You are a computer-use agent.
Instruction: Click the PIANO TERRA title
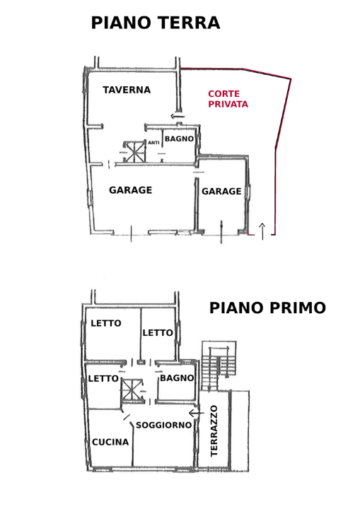pos(155,23)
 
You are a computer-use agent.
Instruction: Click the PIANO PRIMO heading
pos(267,308)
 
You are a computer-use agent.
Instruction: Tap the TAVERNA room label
pos(127,90)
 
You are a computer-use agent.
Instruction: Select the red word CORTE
pos(223,94)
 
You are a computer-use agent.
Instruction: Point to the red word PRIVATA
pos(228,104)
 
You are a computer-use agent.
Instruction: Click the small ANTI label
pos(153,143)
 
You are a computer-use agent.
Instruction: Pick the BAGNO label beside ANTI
pos(179,139)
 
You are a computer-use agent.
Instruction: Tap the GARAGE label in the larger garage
pos(130,190)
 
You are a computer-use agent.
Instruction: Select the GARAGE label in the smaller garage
pos(221,192)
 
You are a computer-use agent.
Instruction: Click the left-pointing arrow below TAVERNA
pos(178,116)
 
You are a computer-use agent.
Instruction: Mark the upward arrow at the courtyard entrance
pos(262,230)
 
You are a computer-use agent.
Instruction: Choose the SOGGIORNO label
pos(163,425)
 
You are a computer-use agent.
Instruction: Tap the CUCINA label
pos(110,442)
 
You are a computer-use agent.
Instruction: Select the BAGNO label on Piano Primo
pos(177,378)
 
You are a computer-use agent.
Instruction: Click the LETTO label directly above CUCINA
pos(103,378)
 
